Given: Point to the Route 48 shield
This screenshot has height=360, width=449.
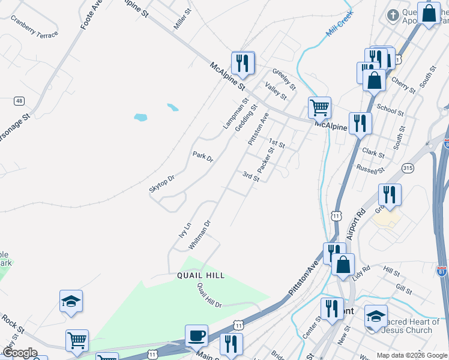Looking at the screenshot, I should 20,101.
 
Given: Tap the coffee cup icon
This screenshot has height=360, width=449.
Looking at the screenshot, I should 196,335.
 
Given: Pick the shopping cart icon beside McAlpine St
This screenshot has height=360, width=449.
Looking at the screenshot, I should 320,109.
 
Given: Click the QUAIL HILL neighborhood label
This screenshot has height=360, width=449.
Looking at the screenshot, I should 200,275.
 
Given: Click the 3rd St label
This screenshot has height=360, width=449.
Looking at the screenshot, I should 250,176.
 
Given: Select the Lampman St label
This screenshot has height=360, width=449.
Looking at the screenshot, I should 235,114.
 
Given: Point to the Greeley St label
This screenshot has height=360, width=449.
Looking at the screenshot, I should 284,79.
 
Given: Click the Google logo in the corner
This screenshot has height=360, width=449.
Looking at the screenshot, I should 20,353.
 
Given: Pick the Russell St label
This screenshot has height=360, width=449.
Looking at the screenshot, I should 370,170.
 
